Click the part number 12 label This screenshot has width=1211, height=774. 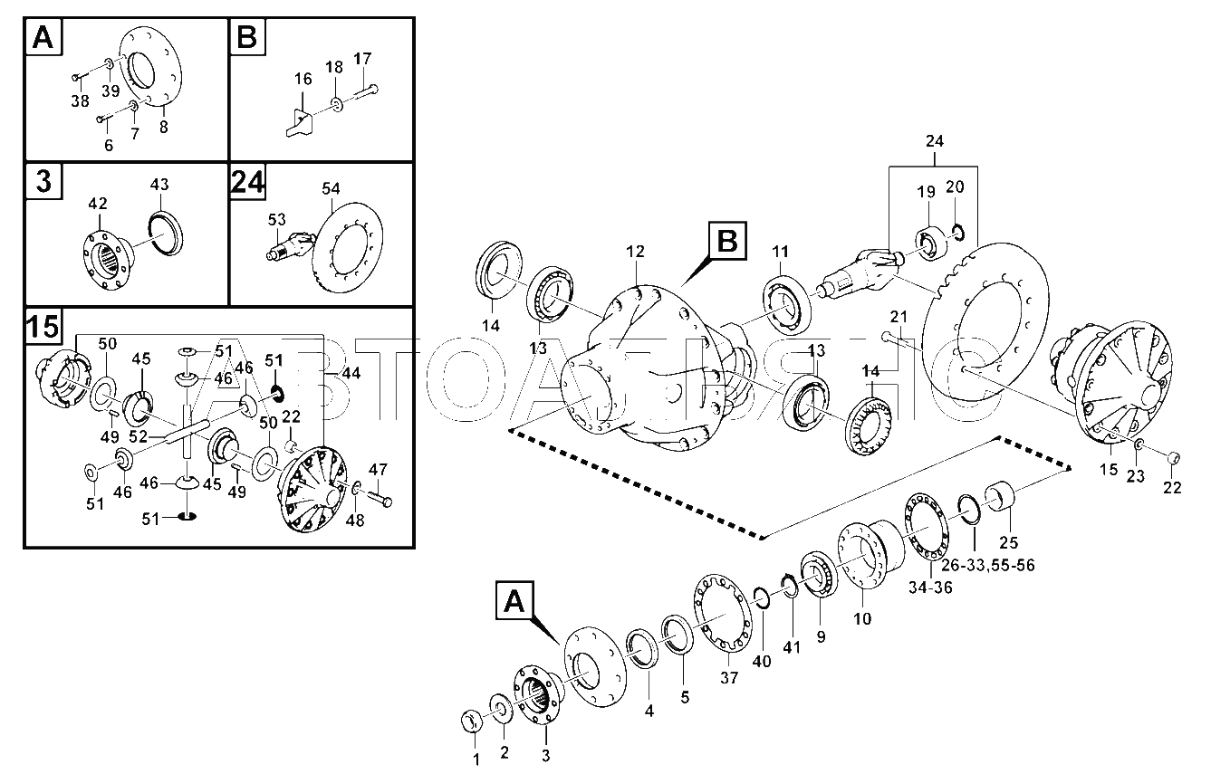(635, 252)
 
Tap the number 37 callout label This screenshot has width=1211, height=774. (729, 677)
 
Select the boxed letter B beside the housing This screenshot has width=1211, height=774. (726, 241)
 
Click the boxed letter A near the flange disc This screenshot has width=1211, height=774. (514, 600)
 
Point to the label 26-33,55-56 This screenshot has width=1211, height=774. (987, 566)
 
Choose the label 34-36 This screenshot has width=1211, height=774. (930, 587)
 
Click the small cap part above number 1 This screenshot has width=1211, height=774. (471, 721)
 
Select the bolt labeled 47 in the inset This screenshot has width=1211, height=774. (380, 496)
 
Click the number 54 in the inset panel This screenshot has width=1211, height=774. (331, 188)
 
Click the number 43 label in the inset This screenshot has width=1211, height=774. (159, 185)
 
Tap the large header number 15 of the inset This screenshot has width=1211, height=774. (43, 327)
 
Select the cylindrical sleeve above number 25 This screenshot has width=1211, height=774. (999, 495)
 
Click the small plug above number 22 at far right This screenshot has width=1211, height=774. (1173, 457)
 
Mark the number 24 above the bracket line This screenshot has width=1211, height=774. (934, 141)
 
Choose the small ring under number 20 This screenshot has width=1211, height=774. (956, 234)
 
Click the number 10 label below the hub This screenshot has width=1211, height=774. (862, 618)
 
